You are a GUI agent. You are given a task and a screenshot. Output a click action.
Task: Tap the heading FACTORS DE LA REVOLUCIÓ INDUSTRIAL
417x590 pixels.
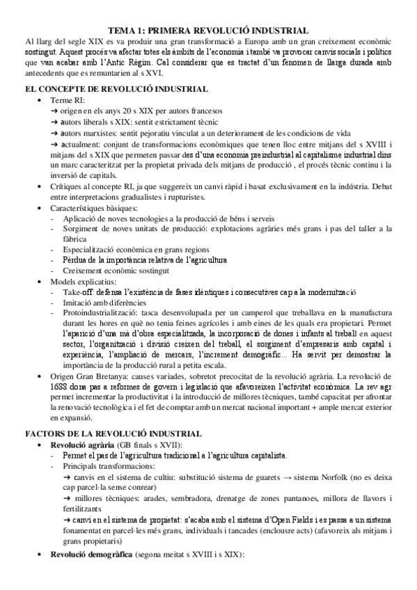pyautogui.click(x=113, y=433)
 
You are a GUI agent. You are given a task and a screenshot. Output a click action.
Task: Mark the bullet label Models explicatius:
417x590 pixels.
pyautogui.click(x=82, y=281)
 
